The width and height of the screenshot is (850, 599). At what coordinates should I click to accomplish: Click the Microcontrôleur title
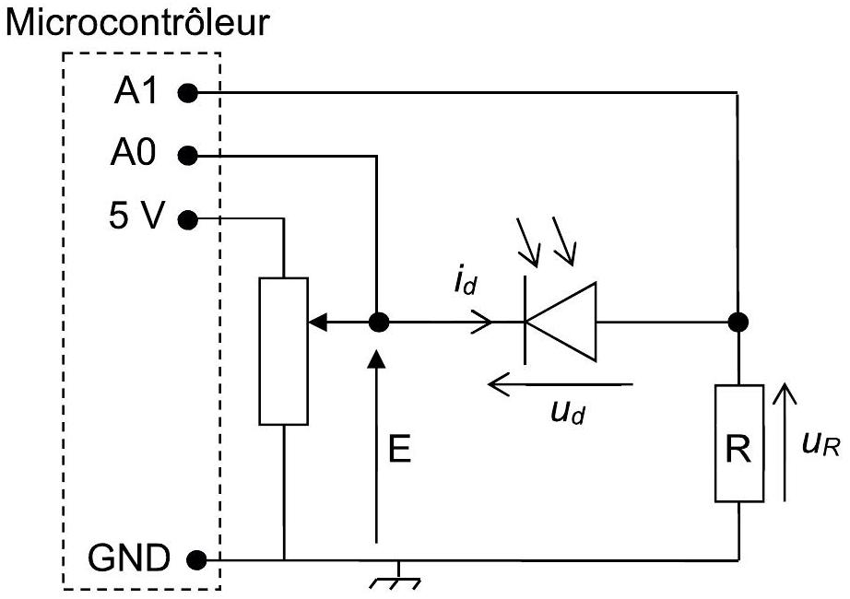(137, 22)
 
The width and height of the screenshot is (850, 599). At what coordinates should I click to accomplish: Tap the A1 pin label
(136, 90)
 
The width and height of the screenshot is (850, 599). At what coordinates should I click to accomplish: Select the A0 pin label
(134, 152)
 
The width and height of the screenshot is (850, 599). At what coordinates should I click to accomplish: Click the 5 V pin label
(136, 216)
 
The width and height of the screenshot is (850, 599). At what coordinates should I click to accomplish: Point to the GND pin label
(129, 558)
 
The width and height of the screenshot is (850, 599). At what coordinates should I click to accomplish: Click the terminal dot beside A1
(187, 93)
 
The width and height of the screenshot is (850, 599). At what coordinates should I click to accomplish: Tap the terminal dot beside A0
(187, 156)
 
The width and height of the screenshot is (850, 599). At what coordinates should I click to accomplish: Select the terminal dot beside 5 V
(187, 219)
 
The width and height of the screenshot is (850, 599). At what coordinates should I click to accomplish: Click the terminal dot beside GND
(196, 559)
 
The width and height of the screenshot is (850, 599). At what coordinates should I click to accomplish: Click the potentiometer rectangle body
(284, 351)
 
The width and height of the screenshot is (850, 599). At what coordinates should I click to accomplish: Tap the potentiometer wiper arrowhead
(318, 323)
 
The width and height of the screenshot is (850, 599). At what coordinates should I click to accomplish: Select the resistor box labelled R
(738, 443)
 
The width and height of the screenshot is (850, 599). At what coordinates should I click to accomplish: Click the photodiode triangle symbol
(561, 322)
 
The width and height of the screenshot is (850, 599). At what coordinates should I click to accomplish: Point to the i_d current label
(466, 282)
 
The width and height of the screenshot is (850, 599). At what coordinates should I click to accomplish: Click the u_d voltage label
(568, 413)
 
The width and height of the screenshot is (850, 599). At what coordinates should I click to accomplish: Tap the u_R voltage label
(821, 444)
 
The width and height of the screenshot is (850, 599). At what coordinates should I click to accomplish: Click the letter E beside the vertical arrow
(399, 448)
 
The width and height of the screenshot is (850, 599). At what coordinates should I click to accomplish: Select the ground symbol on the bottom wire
(396, 576)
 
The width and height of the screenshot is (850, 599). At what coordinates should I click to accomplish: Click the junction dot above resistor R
(738, 322)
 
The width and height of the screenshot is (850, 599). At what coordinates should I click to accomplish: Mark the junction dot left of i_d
(378, 323)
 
